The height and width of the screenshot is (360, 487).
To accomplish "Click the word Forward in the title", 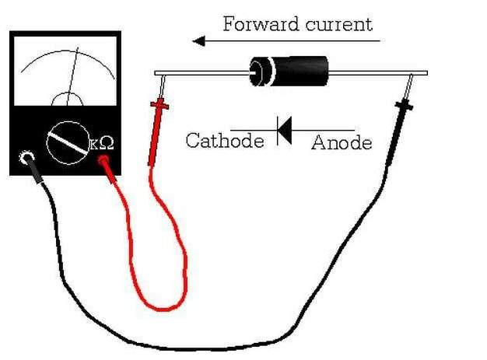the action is coord(261,24).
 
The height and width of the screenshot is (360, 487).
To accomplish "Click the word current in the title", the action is coord(339,25).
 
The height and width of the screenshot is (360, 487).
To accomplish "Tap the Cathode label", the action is coord(225,140).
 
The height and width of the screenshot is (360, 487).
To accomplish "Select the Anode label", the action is coord(342,143).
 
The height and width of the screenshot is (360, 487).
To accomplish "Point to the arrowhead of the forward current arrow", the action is coord(199,40).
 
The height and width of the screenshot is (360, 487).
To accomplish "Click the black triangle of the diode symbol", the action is coord(285,131).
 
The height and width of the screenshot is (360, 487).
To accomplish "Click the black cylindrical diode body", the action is coord(289,71).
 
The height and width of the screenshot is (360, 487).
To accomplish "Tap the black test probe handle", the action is coord(398,131).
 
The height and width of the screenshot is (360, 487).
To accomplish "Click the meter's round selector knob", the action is coord(68,143).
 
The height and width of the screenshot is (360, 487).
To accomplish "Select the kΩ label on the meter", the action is coord(102,143).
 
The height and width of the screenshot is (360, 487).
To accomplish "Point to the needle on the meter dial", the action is coord(72,76).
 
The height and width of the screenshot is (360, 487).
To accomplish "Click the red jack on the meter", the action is coord(103,160).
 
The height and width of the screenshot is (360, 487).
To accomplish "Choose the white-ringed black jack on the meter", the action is coord(26,157).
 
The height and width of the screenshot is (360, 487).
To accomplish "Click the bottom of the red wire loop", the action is coord(163,309).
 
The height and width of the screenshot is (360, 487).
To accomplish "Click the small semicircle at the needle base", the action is coord(68,93).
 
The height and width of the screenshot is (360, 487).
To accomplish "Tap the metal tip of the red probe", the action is coord(163,88).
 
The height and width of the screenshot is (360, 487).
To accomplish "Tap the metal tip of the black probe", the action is coord(408,86).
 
